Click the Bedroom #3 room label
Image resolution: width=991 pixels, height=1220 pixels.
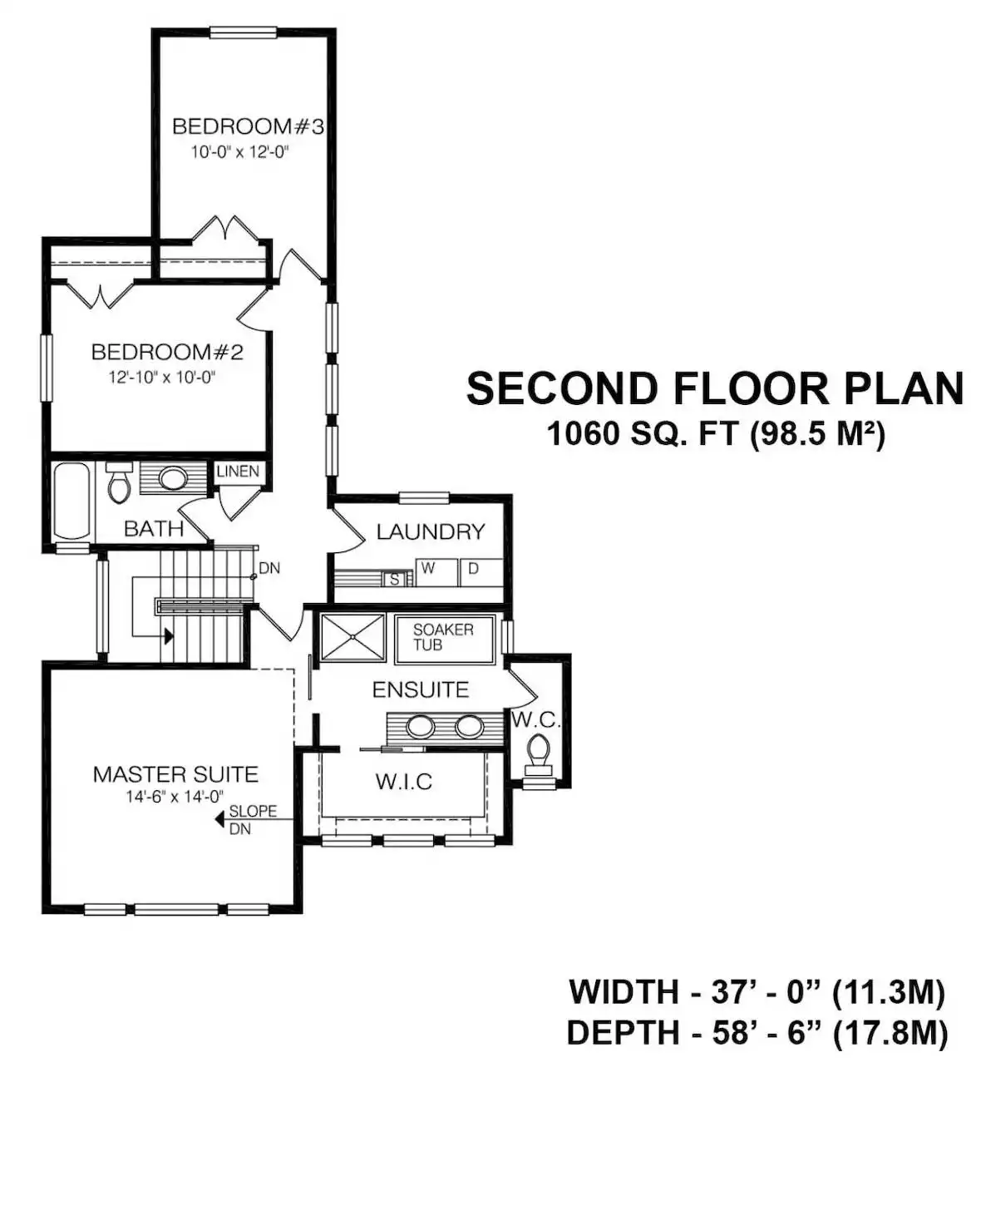[x=248, y=126]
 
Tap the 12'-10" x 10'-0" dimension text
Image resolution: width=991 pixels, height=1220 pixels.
[x=162, y=378]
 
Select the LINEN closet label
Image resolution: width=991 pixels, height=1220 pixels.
[x=238, y=471]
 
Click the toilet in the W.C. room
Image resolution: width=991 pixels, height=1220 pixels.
[x=538, y=752]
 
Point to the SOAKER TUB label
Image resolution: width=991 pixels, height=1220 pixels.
[x=443, y=637]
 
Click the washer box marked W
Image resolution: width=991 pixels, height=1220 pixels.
[x=436, y=572]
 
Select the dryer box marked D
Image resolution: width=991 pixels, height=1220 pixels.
[x=481, y=572]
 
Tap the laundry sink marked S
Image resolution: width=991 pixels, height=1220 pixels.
[x=394, y=579]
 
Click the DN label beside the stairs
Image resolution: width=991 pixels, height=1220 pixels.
[x=269, y=568]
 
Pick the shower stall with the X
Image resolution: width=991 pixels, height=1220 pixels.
[x=353, y=638]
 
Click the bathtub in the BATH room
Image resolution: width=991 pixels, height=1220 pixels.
[x=72, y=501]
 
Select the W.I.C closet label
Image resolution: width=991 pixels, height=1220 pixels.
[x=403, y=781]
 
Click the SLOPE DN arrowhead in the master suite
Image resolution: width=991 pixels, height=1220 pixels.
[x=219, y=820]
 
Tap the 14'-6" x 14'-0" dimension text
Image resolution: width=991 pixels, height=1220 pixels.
[x=175, y=796]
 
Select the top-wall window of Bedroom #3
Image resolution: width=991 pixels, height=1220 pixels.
[x=244, y=32]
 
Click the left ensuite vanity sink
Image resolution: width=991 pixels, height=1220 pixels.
[x=420, y=727]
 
